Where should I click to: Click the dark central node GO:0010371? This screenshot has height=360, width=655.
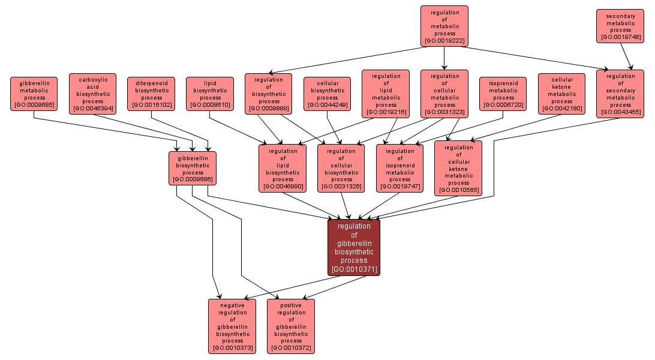point(354,247)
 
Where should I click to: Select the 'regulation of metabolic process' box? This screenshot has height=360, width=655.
point(444,26)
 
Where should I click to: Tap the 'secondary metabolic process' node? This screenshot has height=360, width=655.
point(620,26)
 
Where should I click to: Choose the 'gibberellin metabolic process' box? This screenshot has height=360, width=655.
point(34,93)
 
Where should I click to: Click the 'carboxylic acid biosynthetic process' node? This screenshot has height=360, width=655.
point(93,94)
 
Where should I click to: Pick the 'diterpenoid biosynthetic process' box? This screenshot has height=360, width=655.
point(151,93)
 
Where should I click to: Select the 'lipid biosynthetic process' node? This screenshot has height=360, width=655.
point(210,93)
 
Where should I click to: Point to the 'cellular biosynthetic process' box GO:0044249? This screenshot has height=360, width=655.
point(327,93)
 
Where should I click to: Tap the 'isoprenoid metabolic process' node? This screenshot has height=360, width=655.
point(503,93)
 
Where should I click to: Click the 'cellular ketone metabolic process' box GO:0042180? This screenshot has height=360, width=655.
point(562,93)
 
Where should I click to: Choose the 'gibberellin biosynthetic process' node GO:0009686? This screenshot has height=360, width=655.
point(193,168)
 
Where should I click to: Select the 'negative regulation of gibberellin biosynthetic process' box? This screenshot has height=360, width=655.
point(232,326)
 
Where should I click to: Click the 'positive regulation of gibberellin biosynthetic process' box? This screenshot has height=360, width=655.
point(291,326)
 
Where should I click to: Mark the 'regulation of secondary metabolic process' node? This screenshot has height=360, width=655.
point(620,94)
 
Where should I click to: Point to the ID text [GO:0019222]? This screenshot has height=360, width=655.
point(444,41)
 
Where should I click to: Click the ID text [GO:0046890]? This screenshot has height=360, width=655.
point(283,187)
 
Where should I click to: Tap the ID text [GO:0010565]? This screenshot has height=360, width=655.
point(459,191)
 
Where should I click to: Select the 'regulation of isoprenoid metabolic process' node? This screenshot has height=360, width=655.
point(400,168)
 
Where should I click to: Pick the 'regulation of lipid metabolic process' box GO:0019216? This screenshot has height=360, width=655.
point(386,94)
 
